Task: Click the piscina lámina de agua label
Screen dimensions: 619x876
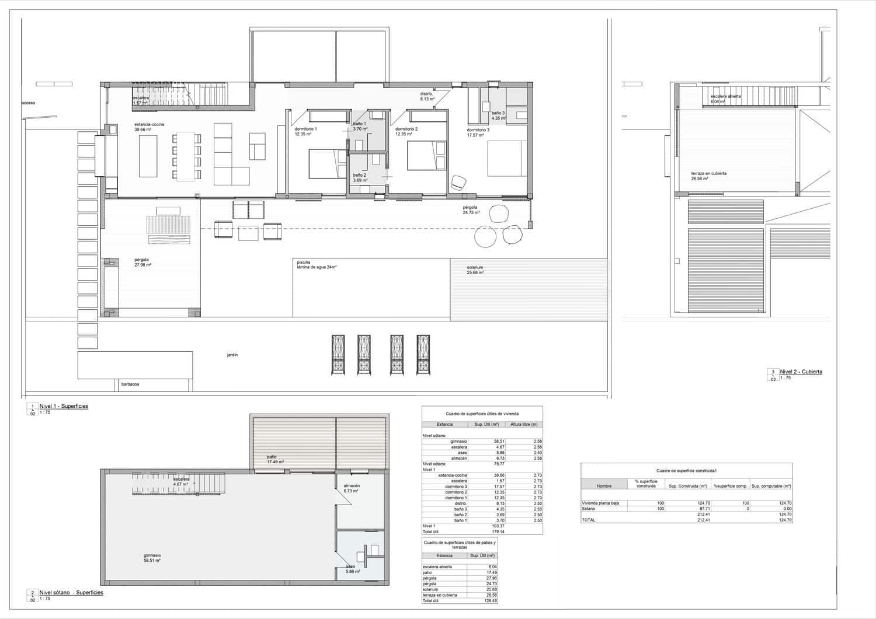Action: point(317,265)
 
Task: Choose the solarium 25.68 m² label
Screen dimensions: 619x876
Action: point(475,270)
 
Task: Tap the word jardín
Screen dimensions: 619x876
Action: point(232,355)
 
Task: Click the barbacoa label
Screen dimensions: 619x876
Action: point(130,384)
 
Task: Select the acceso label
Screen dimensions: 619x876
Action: point(28,103)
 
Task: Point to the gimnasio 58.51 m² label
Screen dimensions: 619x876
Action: point(152,558)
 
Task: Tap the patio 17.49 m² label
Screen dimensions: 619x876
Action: point(275,459)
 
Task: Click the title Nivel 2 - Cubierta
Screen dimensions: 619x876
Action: point(801,372)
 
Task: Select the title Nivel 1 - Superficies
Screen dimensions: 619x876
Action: point(64,406)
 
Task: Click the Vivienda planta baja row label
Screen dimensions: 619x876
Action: point(600,503)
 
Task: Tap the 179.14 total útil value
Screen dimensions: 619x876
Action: point(498,531)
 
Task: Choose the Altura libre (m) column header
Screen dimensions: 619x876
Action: point(524,424)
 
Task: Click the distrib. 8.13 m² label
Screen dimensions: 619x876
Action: point(427,96)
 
